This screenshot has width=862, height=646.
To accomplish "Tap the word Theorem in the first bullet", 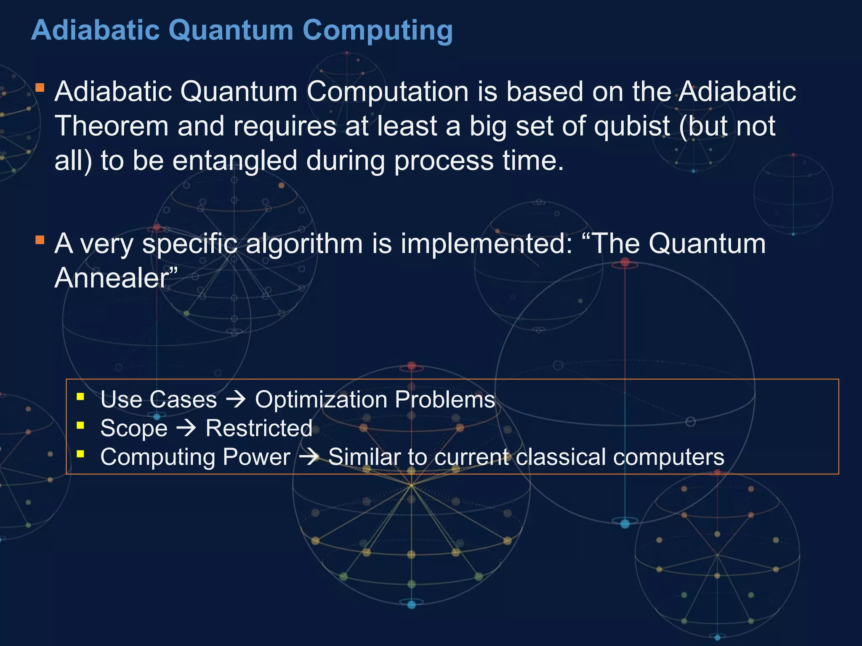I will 112,126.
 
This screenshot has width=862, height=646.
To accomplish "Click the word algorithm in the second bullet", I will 304,244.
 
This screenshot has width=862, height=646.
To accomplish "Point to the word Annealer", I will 112,278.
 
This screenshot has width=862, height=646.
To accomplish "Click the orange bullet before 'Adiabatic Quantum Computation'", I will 40,87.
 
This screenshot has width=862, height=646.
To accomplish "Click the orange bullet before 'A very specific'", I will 40,240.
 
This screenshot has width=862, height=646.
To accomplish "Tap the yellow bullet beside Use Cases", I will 80,396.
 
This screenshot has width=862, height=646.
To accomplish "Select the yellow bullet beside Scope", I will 80,425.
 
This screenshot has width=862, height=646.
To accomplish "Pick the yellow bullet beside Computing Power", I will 80,454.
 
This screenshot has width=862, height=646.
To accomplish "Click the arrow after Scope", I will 186,429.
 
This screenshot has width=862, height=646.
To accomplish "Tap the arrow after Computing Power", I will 309,457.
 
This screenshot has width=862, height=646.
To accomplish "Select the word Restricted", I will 259,428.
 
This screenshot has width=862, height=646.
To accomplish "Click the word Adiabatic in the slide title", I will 95,30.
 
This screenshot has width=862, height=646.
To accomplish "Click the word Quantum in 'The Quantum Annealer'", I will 707,244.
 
